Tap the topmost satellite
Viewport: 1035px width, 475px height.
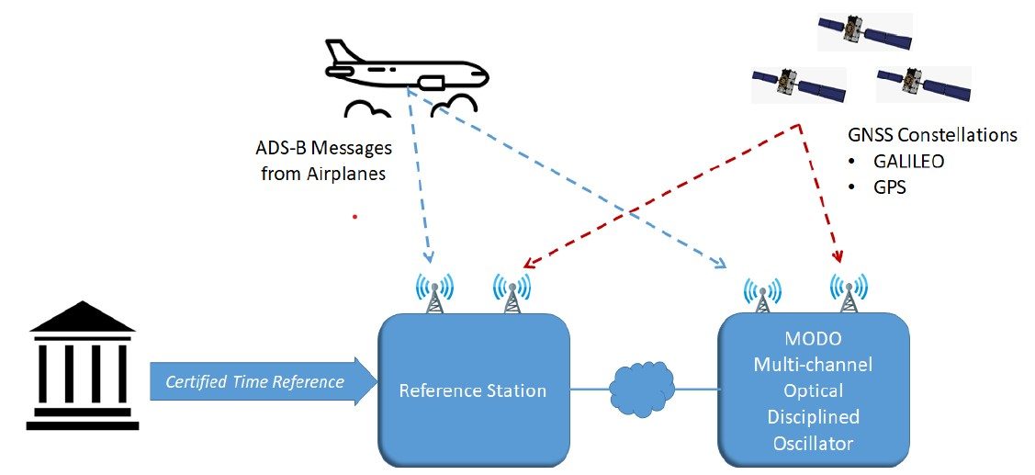(x=864, y=31)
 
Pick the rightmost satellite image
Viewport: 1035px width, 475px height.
(x=921, y=85)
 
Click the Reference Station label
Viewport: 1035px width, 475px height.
(x=472, y=390)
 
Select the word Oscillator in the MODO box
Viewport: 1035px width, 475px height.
(x=813, y=444)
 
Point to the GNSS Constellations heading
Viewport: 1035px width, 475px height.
(x=932, y=135)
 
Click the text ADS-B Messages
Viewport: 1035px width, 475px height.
(x=323, y=148)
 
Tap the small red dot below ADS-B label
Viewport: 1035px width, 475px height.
(x=354, y=218)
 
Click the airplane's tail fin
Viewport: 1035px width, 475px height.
(x=338, y=51)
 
